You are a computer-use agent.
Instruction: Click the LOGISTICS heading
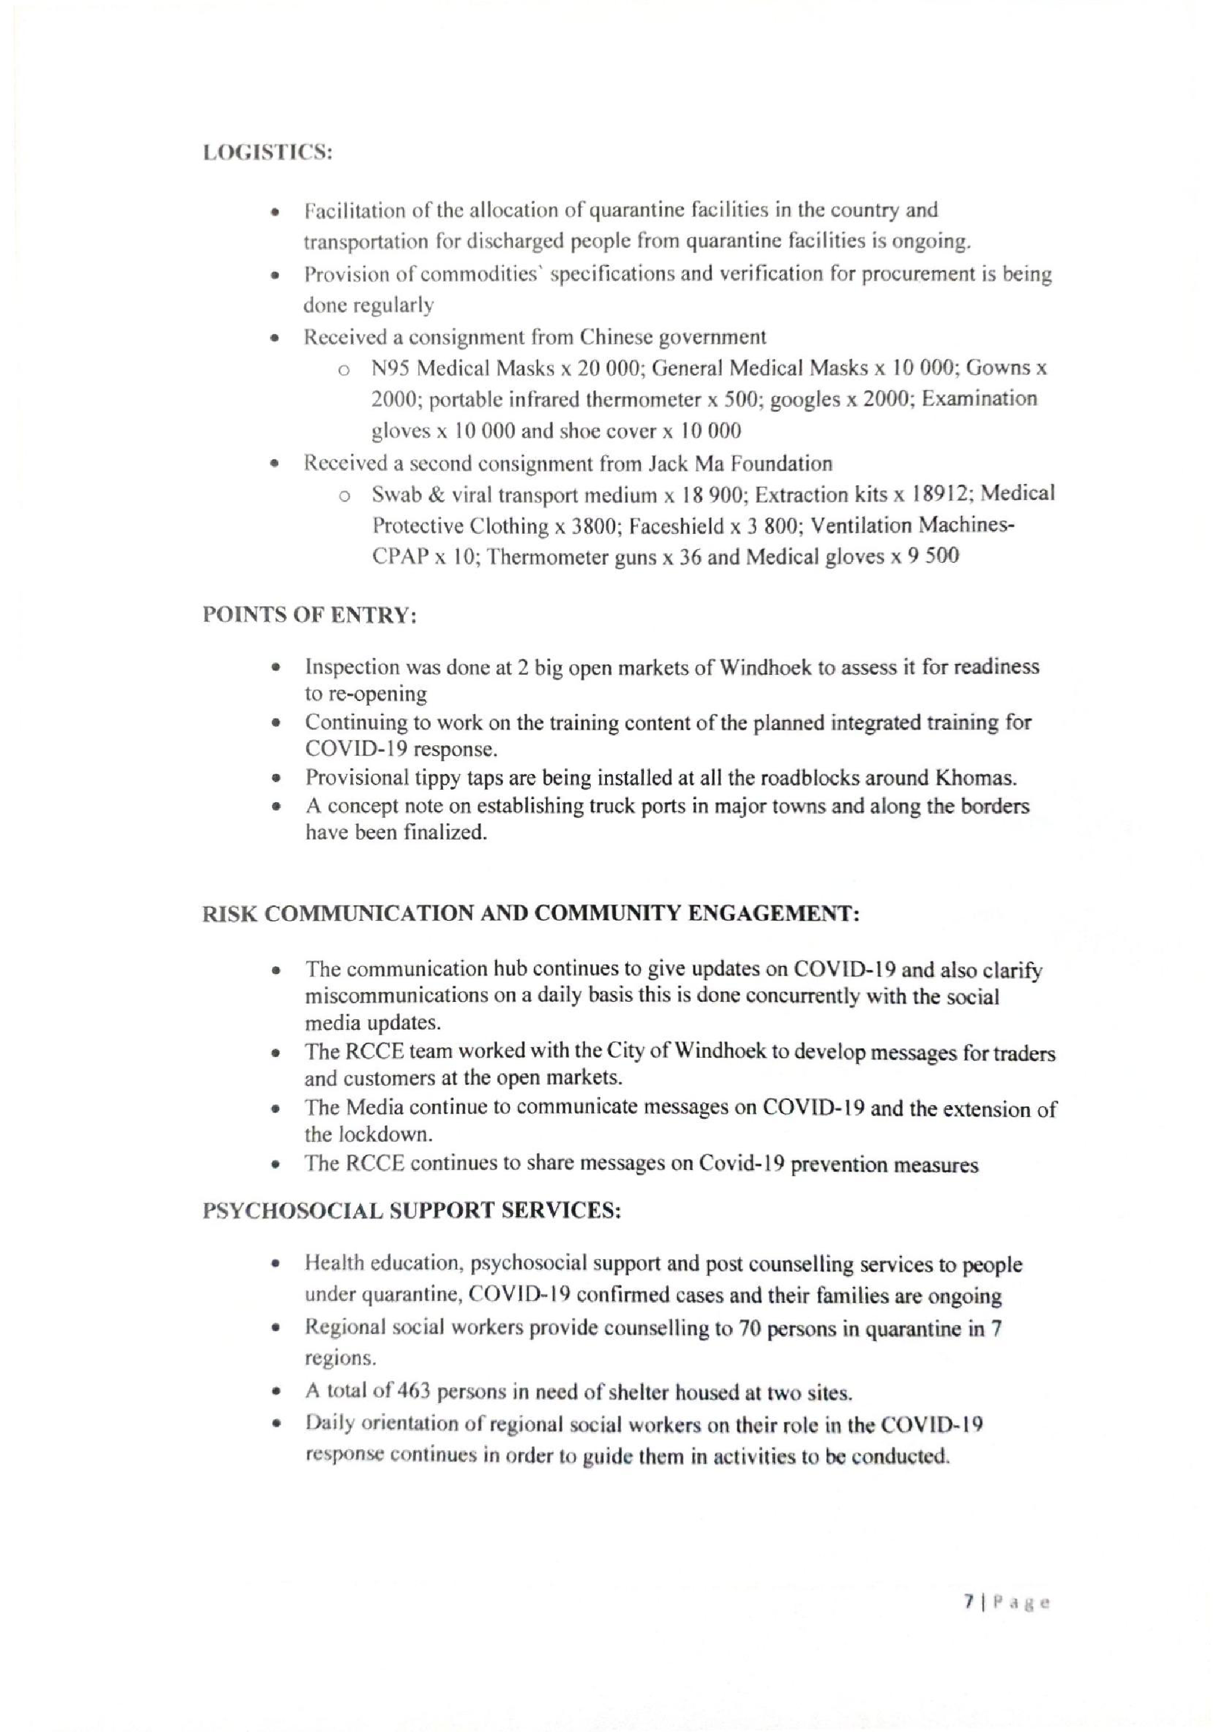pyautogui.click(x=268, y=152)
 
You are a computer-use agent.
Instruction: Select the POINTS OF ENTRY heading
pyautogui.click(x=309, y=615)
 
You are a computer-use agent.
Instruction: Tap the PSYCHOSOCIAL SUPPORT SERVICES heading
pyautogui.click(x=411, y=1210)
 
